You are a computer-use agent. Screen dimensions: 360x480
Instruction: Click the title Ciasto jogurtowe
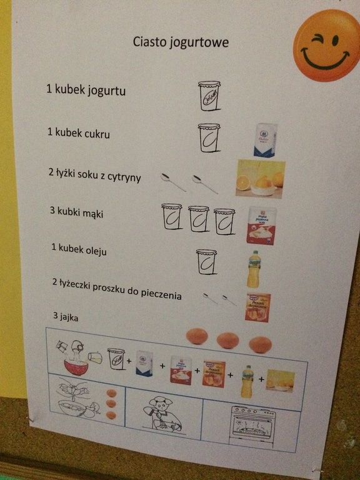pos(181,42)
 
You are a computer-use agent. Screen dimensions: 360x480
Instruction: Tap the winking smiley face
pos(326,45)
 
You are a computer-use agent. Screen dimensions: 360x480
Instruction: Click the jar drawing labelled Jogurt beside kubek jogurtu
pos(209,96)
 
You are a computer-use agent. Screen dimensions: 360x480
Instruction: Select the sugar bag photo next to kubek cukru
pos(266,140)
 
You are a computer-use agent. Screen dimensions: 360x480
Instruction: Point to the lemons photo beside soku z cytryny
pos(260,179)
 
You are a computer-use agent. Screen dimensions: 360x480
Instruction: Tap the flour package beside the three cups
pos(261,226)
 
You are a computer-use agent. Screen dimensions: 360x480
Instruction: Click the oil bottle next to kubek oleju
pos(254,269)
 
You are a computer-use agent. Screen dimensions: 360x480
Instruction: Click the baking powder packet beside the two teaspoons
pos(257,307)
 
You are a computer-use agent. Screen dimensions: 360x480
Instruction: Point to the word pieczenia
pos(161,294)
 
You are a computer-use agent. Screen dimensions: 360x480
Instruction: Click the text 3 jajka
pos(66,316)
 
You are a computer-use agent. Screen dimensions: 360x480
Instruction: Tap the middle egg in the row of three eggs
pos(227,341)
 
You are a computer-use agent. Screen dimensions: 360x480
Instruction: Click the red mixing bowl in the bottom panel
pos(76,367)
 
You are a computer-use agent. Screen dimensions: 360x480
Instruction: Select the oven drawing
pos(252,426)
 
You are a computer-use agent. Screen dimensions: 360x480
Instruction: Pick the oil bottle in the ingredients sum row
pos(247,382)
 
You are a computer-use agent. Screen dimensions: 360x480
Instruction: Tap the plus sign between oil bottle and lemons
pos(261,379)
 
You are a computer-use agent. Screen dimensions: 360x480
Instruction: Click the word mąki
pos(94,213)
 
